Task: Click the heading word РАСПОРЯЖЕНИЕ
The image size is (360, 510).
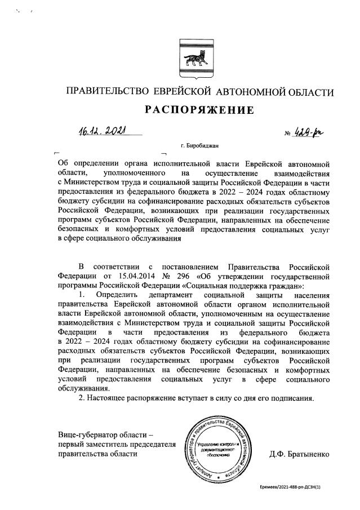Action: coord(199,110)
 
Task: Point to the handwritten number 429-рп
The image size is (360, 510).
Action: coord(312,132)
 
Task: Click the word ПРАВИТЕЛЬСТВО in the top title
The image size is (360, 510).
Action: coord(107,92)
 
